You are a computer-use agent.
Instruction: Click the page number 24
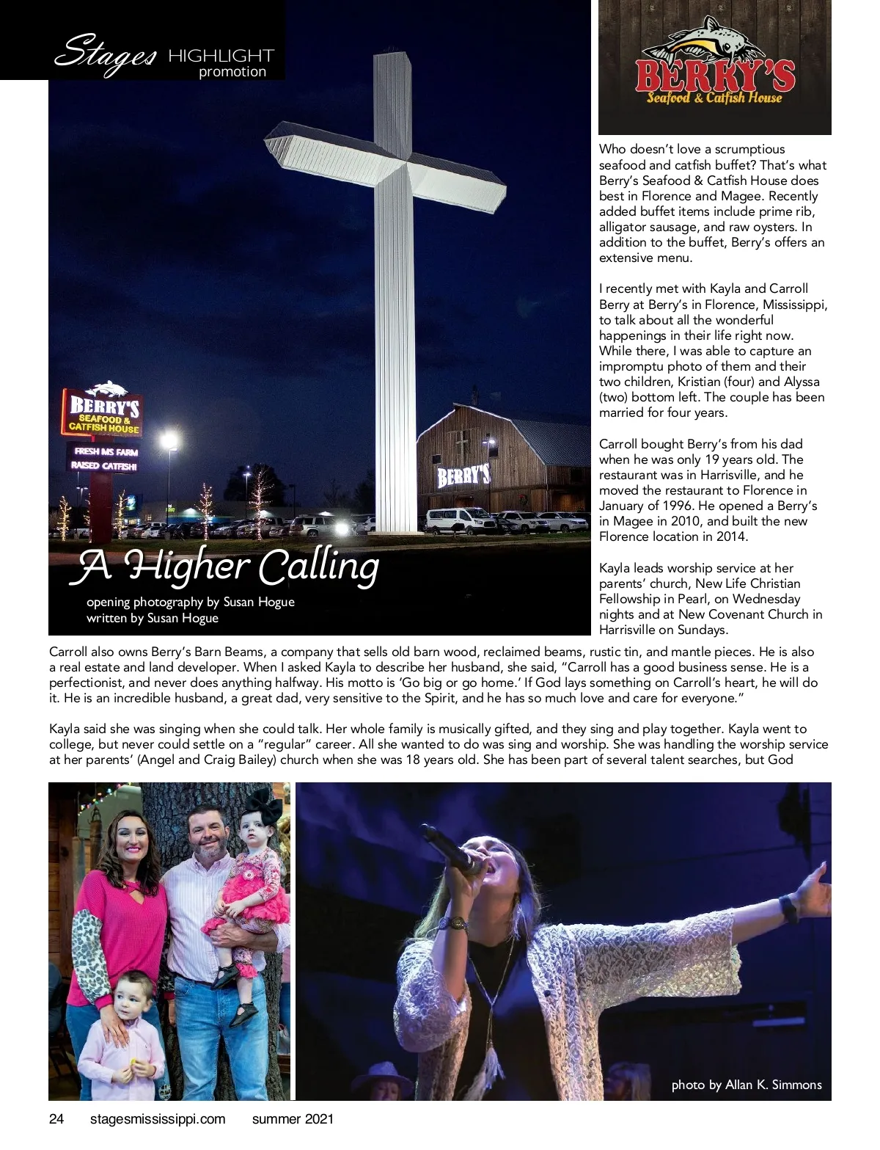click(x=56, y=1119)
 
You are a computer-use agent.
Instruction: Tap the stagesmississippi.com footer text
click(x=157, y=1119)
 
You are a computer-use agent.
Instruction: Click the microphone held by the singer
click(x=452, y=851)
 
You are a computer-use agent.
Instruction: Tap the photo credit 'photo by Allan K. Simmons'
click(x=746, y=1085)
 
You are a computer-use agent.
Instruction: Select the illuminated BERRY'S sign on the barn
click(x=463, y=476)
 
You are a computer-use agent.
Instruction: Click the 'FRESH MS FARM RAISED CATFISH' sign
click(x=104, y=459)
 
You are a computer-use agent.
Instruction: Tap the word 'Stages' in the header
click(x=106, y=54)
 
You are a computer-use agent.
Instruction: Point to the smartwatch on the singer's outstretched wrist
click(x=788, y=909)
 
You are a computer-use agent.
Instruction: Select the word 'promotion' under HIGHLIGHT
click(x=232, y=72)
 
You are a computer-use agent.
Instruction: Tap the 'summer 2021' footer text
click(x=293, y=1119)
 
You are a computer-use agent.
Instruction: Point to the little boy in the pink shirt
click(x=123, y=1035)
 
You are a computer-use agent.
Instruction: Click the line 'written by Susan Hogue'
click(x=153, y=618)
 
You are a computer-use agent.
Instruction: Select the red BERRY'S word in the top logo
click(x=714, y=75)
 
